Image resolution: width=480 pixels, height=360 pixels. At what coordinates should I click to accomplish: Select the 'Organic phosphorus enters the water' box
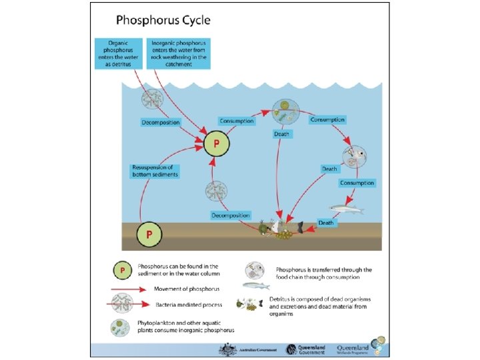(119, 52)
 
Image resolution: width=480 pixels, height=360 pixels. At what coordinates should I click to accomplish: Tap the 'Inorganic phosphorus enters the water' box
(178, 52)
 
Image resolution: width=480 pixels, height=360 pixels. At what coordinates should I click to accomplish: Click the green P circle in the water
(216, 143)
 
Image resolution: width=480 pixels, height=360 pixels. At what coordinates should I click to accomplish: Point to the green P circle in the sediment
(149, 235)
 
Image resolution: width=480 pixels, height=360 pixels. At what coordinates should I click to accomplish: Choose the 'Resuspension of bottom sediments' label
(155, 171)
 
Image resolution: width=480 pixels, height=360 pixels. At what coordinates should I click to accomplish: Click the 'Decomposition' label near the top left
(160, 123)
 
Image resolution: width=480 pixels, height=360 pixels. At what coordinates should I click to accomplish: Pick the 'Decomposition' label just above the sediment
(230, 215)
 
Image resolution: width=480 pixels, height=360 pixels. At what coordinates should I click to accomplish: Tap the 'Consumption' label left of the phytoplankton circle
(237, 121)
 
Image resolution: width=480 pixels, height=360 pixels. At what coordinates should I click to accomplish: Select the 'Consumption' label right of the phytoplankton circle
(327, 120)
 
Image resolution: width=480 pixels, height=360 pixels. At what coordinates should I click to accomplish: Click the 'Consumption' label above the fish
(357, 183)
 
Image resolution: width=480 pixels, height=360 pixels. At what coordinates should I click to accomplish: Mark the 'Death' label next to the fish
(325, 223)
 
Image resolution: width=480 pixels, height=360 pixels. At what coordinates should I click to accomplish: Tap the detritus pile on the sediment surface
(283, 229)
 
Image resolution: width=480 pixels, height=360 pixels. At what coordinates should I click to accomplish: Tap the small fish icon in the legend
(257, 285)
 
